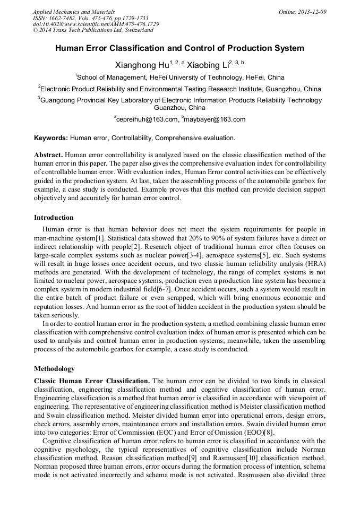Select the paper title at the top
(179, 48)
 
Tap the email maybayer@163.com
(215, 119)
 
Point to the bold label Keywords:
(51, 138)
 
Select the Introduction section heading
(54, 218)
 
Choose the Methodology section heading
(54, 369)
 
